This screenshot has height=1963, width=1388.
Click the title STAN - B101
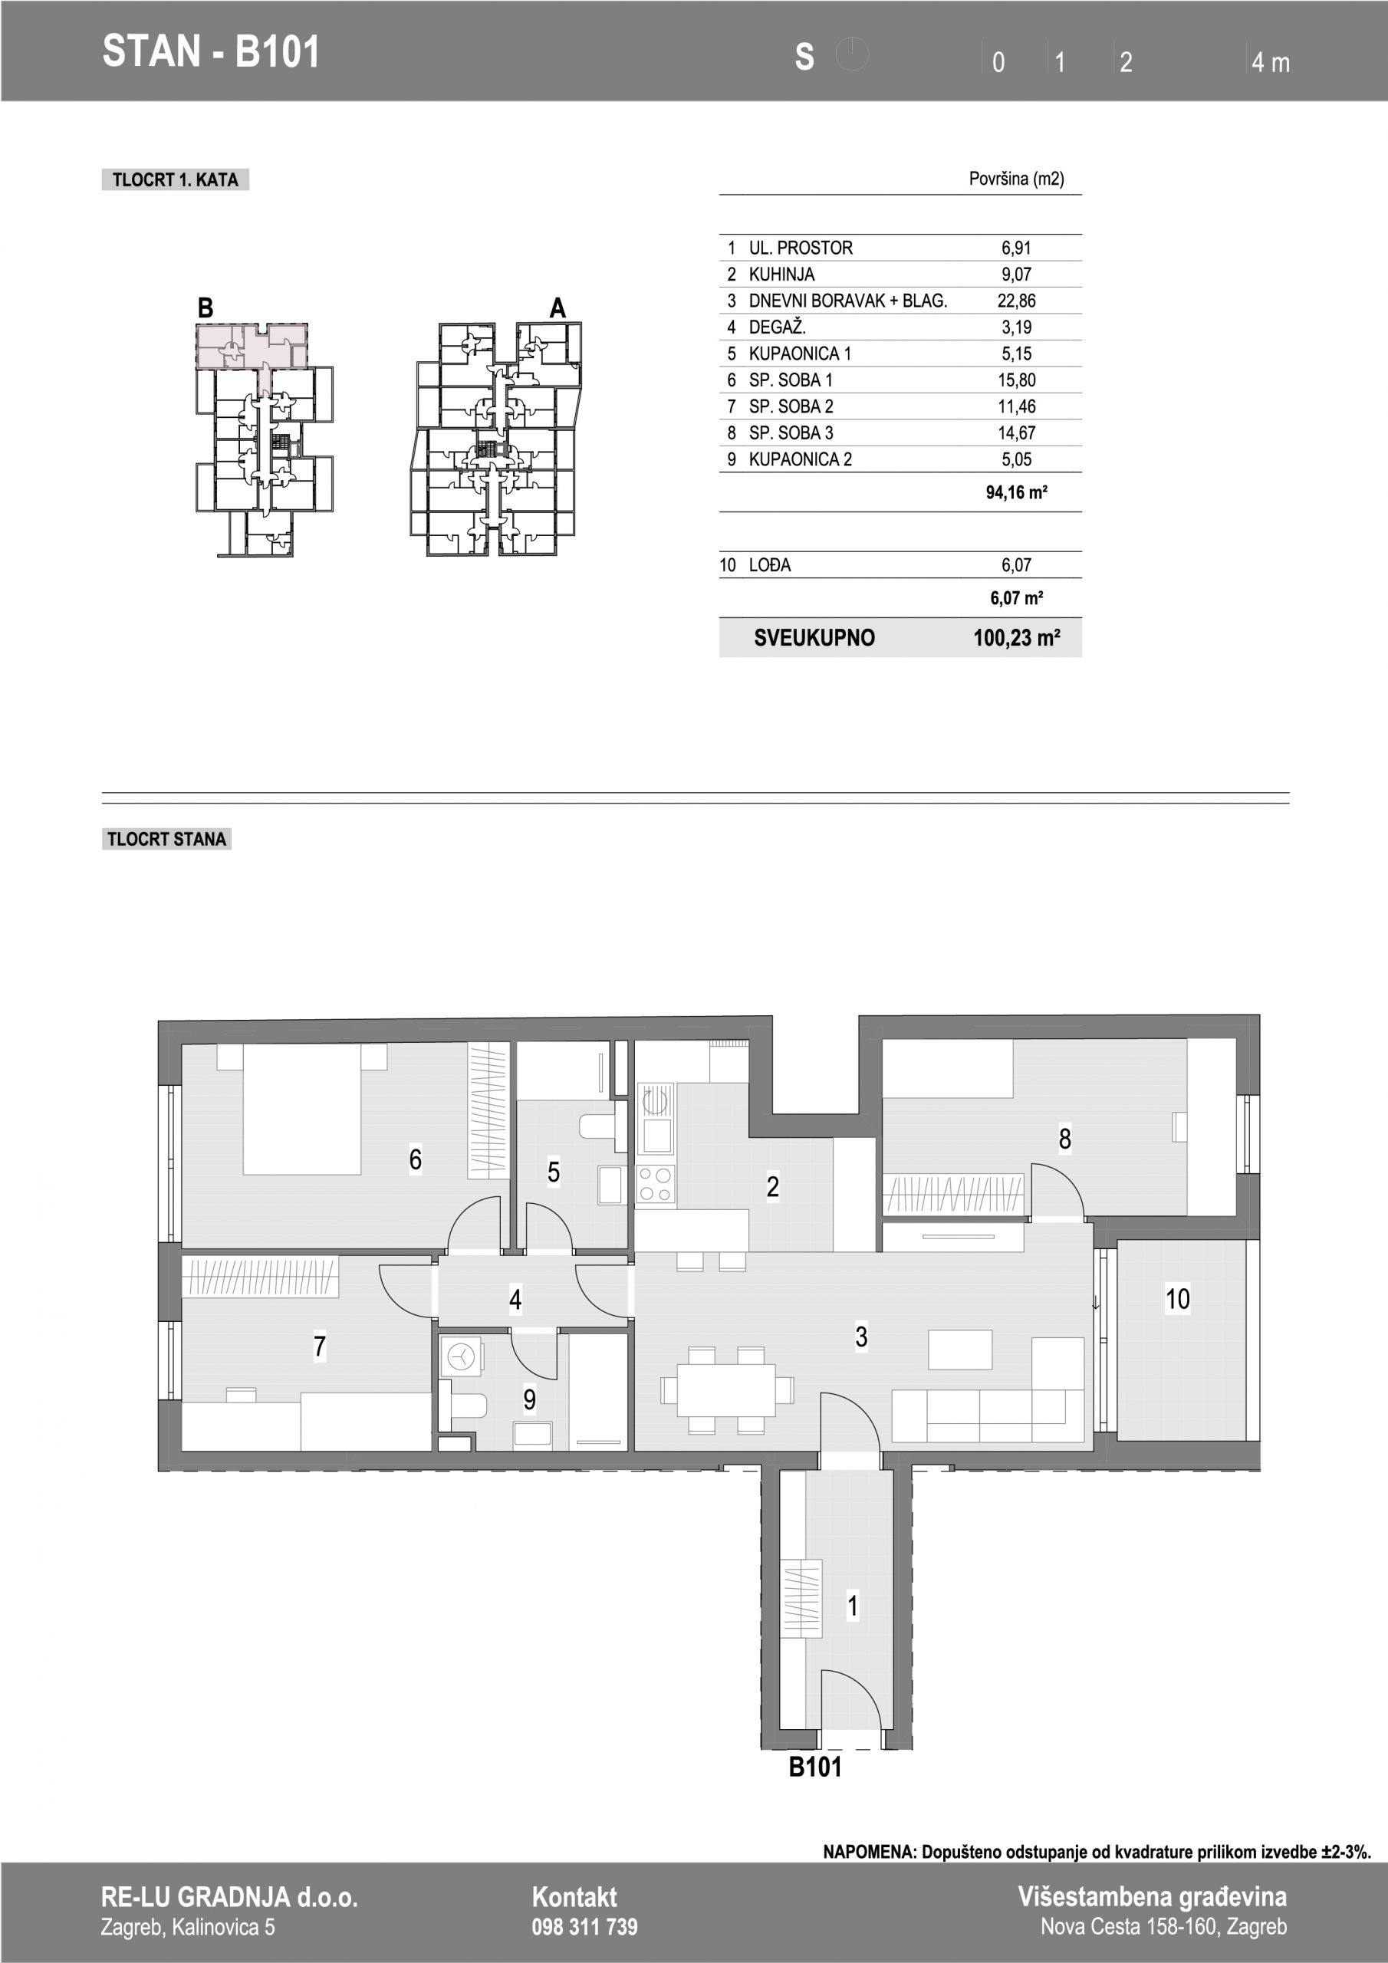[210, 51]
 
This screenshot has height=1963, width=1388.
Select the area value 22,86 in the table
[1016, 301]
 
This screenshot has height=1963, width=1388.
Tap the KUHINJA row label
[781, 275]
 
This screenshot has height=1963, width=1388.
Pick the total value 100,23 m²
[1017, 638]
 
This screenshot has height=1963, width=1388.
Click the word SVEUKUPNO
[814, 638]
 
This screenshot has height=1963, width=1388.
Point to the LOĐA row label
[770, 565]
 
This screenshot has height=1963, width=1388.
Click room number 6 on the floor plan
[416, 1159]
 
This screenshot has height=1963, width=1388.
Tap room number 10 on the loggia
[1178, 1299]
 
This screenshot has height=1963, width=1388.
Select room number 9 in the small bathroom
[529, 1399]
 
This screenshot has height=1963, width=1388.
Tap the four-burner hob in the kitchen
[655, 1185]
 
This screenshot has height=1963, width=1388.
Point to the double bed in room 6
[302, 1109]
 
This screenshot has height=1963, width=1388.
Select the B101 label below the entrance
[815, 1767]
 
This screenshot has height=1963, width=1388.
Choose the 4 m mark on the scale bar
[1270, 62]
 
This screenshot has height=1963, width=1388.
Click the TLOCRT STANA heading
[166, 839]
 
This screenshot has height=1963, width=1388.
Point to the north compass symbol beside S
[852, 54]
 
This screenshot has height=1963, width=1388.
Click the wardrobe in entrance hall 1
[801, 1599]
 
